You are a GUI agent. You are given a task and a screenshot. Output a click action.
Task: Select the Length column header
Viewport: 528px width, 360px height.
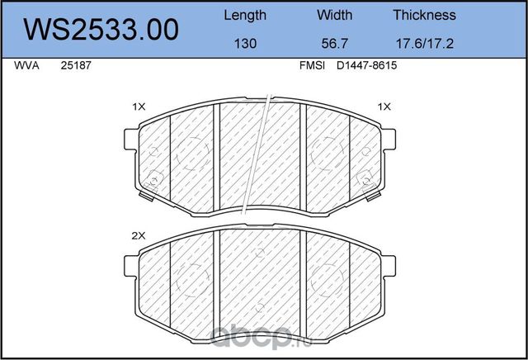[x=245, y=15]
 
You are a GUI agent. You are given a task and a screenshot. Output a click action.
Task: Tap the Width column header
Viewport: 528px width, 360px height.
[x=334, y=15]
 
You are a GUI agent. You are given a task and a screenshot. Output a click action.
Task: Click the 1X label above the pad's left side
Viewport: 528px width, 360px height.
[x=139, y=107]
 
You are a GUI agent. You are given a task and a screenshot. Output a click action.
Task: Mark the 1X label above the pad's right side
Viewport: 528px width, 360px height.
[x=384, y=107]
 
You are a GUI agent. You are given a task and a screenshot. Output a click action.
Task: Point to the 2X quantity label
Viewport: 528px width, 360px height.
[x=139, y=235]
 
